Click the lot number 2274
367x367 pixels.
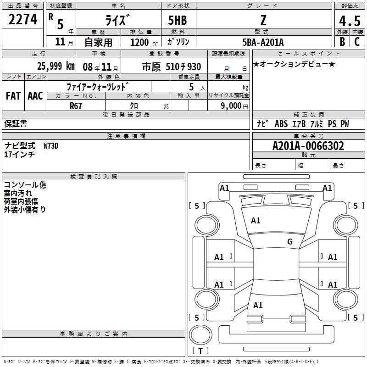pyautogui.click(x=22, y=19)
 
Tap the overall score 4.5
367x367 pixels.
pyautogui.click(x=350, y=21)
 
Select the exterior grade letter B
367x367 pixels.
pyautogui.click(x=342, y=42)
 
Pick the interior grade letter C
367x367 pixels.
pyautogui.click(x=357, y=42)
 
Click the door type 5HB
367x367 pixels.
pyautogui.click(x=178, y=20)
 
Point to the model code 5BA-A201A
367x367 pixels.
pyautogui.click(x=263, y=42)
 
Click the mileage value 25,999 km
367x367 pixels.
pyautogui.click(x=56, y=66)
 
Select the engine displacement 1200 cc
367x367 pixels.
pyautogui.click(x=144, y=42)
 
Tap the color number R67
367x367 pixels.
pyautogui.click(x=76, y=106)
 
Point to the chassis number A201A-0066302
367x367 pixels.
pyautogui.click(x=308, y=146)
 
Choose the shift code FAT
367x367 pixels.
pyautogui.click(x=13, y=96)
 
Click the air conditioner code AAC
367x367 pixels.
pyautogui.click(x=35, y=96)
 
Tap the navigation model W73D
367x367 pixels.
pyautogui.click(x=51, y=146)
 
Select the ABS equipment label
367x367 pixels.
pyautogui.click(x=281, y=123)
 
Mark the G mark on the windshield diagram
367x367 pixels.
pyautogui.click(x=290, y=241)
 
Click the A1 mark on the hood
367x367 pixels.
pyautogui.click(x=256, y=220)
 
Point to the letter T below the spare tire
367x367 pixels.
pyautogui.click(x=200, y=351)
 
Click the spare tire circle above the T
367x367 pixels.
pyautogui.click(x=200, y=335)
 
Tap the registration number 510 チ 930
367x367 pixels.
pyautogui.click(x=183, y=67)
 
